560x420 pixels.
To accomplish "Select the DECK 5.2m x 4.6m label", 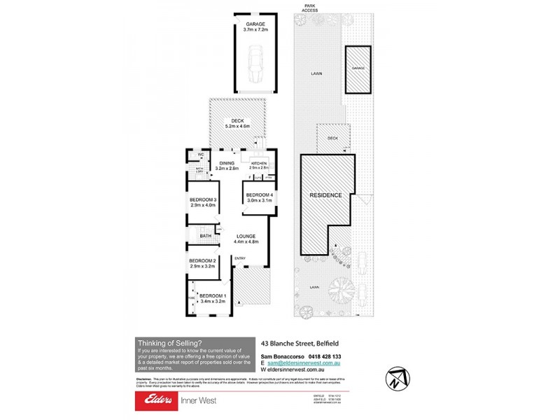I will pyautogui.click(x=238, y=122).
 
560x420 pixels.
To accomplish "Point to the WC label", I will pyautogui.click(x=199, y=155).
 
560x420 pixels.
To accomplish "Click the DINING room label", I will pyautogui.click(x=227, y=166).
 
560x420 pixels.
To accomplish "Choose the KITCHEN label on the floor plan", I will pyautogui.click(x=259, y=165).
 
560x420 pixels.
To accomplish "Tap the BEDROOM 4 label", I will pyautogui.click(x=259, y=197).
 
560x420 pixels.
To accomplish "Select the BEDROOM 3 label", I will pyautogui.click(x=202, y=202).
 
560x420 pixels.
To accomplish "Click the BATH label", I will pyautogui.click(x=205, y=236).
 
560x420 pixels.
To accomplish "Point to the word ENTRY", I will pyautogui.click(x=240, y=258).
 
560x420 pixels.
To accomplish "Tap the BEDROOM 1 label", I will pyautogui.click(x=212, y=298).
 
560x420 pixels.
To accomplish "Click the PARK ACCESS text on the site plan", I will pyautogui.click(x=309, y=8).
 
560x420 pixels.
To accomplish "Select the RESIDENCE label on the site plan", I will pyautogui.click(x=325, y=195).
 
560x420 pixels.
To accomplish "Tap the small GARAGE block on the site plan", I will pyautogui.click(x=358, y=69).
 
